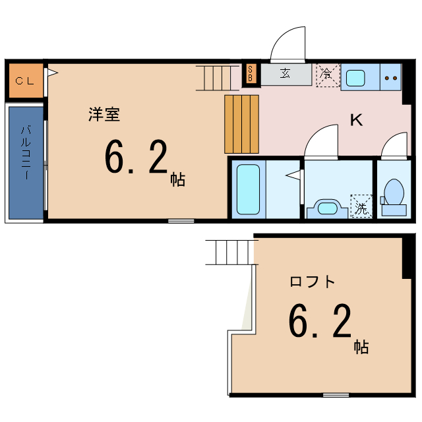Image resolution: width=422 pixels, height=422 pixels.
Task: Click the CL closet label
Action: (25, 82)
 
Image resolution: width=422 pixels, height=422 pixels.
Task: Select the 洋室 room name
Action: (104, 114)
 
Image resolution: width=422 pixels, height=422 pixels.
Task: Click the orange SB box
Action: (251, 74)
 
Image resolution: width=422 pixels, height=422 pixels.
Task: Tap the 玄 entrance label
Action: (286, 74)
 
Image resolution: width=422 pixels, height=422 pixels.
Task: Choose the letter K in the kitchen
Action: (356, 120)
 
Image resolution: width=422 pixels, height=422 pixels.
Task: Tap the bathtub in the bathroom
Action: (248, 189)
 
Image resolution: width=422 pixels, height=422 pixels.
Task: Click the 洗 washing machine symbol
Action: (361, 206)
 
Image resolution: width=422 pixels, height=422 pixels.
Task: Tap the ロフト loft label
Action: (312, 282)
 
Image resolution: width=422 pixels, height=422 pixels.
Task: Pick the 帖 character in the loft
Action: (361, 346)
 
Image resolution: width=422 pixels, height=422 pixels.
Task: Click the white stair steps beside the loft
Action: (230, 252)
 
